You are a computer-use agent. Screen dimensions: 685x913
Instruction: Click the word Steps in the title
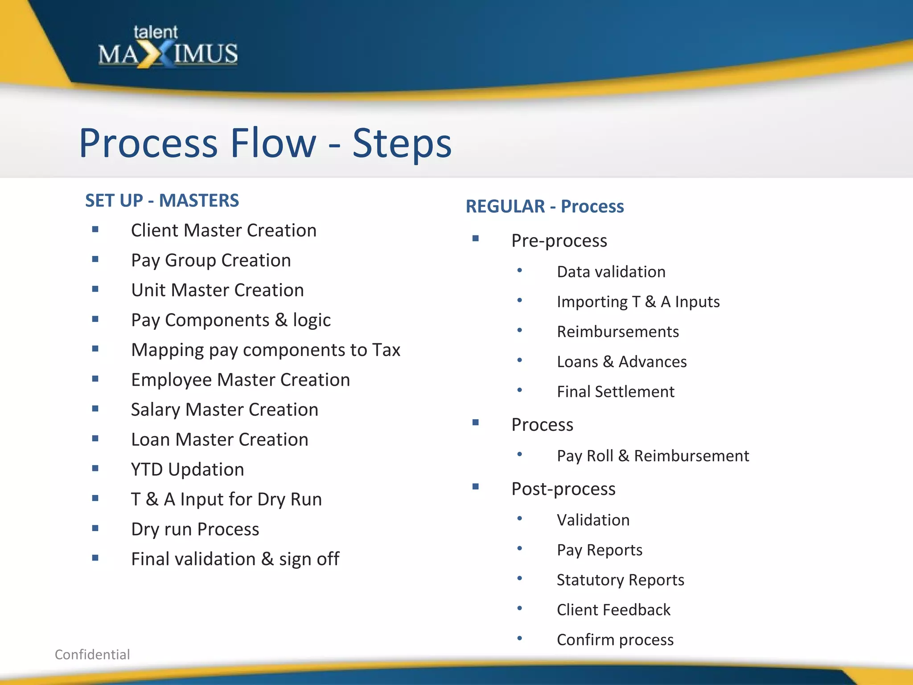click(402, 144)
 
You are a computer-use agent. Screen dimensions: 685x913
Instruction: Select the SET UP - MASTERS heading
click(162, 201)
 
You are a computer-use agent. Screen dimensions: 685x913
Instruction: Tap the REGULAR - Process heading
click(544, 206)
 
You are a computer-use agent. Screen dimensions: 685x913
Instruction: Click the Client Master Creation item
click(223, 231)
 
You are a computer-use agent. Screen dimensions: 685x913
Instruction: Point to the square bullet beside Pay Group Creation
click(95, 259)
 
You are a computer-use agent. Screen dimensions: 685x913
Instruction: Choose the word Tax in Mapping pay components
click(386, 350)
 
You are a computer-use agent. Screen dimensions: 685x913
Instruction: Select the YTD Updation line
click(187, 470)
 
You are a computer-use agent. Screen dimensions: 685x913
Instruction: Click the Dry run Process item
click(195, 529)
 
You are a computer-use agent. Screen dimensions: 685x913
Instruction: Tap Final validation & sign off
click(235, 559)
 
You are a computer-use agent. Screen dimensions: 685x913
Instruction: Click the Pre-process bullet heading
click(559, 241)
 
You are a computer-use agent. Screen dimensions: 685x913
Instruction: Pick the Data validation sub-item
click(611, 272)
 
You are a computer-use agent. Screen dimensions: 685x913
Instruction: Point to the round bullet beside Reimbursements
click(519, 330)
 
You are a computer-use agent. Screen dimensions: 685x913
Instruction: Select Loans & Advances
click(621, 362)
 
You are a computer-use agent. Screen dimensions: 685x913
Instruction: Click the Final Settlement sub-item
click(615, 392)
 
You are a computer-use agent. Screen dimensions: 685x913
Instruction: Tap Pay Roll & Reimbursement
click(653, 456)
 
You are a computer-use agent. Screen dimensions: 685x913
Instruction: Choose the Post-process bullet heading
click(563, 489)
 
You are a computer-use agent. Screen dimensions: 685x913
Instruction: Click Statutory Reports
click(620, 580)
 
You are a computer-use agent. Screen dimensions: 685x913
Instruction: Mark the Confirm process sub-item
click(615, 640)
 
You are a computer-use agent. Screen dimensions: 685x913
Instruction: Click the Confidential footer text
click(92, 655)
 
